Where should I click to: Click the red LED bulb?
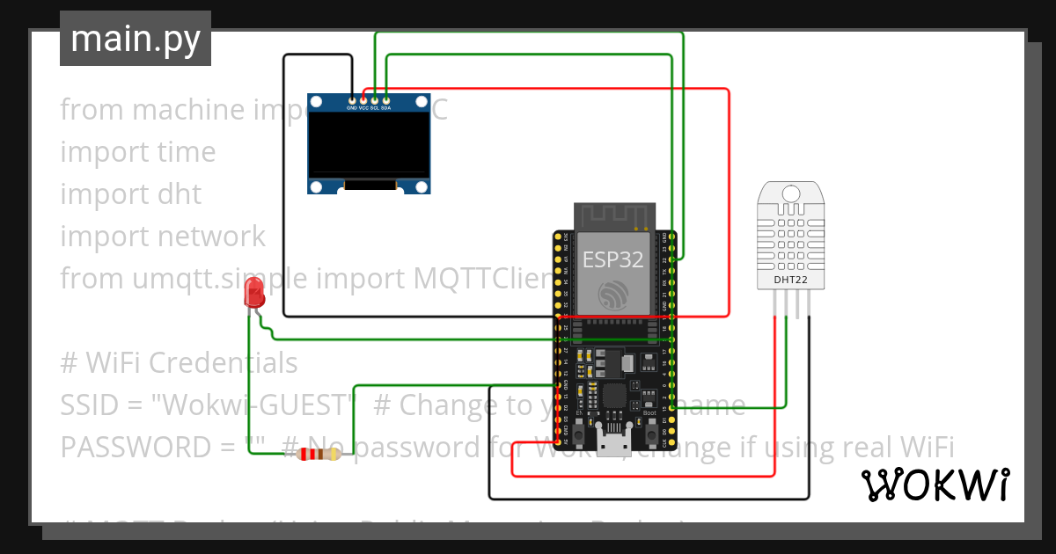click(254, 292)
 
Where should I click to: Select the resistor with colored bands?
click(318, 454)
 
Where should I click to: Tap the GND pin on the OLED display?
click(352, 101)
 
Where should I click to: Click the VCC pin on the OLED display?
click(363, 101)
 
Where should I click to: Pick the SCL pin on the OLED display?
click(375, 101)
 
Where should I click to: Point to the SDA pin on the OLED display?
click(386, 101)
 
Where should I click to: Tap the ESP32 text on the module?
click(613, 259)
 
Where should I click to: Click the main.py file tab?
click(136, 39)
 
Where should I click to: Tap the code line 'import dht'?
click(131, 193)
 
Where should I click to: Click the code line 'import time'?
click(138, 151)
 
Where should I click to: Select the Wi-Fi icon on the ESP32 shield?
click(613, 295)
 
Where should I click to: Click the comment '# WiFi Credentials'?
click(179, 362)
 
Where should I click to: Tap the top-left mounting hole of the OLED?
click(316, 103)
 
